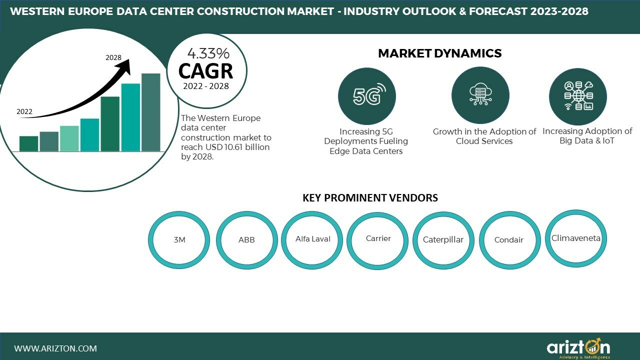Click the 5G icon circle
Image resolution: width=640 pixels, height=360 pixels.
[366, 96]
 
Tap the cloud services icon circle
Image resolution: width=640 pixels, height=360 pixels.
[480, 96]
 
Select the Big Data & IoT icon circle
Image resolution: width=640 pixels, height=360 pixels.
[578, 96]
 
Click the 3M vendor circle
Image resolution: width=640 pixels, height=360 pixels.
[179, 240]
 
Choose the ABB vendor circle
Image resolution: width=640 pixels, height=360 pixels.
[246, 240]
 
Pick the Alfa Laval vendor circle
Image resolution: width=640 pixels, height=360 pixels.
[312, 239]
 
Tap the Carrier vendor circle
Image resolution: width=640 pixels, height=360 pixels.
[378, 239]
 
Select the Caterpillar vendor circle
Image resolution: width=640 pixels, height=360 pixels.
[443, 240]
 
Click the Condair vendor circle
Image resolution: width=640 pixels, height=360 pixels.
[509, 240]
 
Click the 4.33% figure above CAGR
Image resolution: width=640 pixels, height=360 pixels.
[208, 53]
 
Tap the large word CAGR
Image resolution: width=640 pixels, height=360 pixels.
[205, 71]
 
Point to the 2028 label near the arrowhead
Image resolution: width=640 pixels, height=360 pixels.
[113, 57]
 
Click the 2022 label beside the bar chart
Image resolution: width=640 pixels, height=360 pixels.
[24, 111]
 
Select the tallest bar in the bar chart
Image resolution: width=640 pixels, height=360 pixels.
[151, 112]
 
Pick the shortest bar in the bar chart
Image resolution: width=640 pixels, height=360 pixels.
[29, 143]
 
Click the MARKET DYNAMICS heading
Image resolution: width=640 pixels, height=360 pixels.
[439, 53]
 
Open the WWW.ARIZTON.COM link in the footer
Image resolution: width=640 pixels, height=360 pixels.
[55, 348]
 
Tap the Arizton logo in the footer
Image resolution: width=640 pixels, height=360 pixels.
[578, 347]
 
